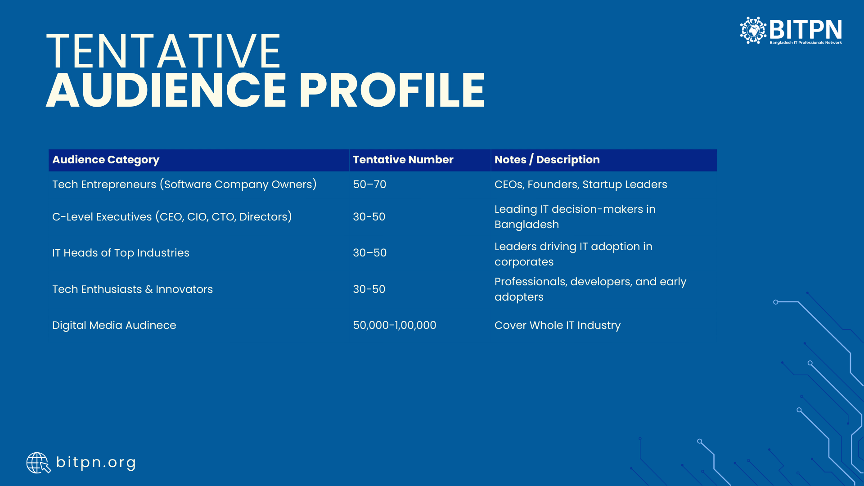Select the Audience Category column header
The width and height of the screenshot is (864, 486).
tap(106, 160)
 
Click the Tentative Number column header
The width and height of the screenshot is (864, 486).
tap(403, 160)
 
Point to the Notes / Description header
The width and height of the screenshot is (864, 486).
tap(547, 160)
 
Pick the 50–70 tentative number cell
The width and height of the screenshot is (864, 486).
tap(369, 184)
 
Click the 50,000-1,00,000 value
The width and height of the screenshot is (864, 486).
tap(395, 325)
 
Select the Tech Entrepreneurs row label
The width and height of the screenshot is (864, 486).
tap(184, 184)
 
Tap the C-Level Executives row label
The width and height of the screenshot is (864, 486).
tap(172, 217)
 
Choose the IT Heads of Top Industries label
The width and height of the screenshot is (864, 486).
tap(121, 253)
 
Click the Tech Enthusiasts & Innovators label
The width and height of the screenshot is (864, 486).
tap(132, 289)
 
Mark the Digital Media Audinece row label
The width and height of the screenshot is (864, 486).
tap(114, 325)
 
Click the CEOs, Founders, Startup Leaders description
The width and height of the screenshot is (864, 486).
tap(581, 184)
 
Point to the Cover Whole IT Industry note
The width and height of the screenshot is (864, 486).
tap(558, 325)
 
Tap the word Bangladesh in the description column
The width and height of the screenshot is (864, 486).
tap(526, 225)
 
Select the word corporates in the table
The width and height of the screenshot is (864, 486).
tap(524, 262)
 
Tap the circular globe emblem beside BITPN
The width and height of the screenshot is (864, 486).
tap(753, 30)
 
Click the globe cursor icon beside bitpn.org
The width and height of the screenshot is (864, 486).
tap(38, 463)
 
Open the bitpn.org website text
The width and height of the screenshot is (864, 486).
tap(96, 463)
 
